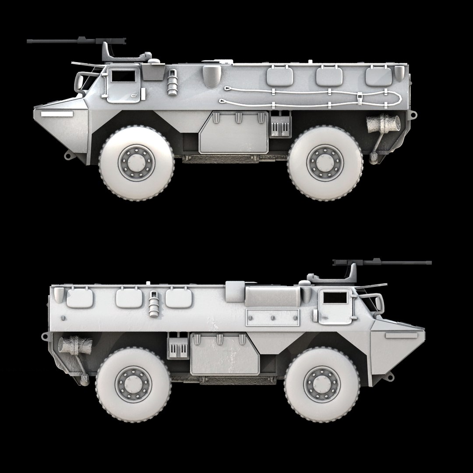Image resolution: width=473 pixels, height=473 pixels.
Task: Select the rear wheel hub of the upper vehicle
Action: click(325, 162)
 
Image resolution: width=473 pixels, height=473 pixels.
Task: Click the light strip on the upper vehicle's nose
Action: click(56, 114)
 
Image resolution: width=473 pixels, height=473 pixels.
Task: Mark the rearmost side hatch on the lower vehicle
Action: click(81, 298)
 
